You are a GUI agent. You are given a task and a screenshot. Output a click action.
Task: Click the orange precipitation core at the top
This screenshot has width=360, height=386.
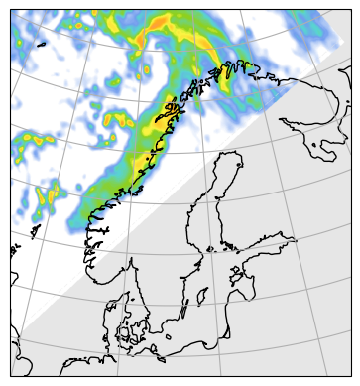click(x=159, y=29)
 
